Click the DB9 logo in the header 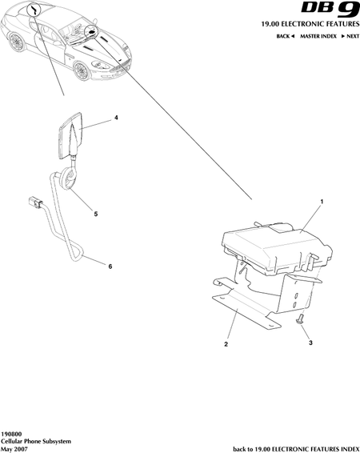click(x=330, y=10)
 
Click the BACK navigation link click(x=286, y=36)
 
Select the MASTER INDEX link click(x=318, y=36)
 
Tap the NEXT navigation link click(x=350, y=36)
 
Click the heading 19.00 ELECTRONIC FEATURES click(x=310, y=24)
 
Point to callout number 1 click(x=322, y=202)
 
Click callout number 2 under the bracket click(x=226, y=344)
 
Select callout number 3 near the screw click(x=310, y=343)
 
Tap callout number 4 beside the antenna click(x=116, y=118)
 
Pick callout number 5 click(x=96, y=214)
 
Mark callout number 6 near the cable click(x=110, y=267)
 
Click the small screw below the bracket click(x=299, y=319)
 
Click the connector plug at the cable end click(x=35, y=202)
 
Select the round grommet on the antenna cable click(x=69, y=178)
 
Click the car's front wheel click(x=82, y=70)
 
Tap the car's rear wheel click(x=16, y=42)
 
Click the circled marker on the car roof click(x=34, y=10)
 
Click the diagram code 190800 click(x=11, y=435)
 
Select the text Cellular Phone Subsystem click(x=36, y=442)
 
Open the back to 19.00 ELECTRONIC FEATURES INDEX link click(x=296, y=449)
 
